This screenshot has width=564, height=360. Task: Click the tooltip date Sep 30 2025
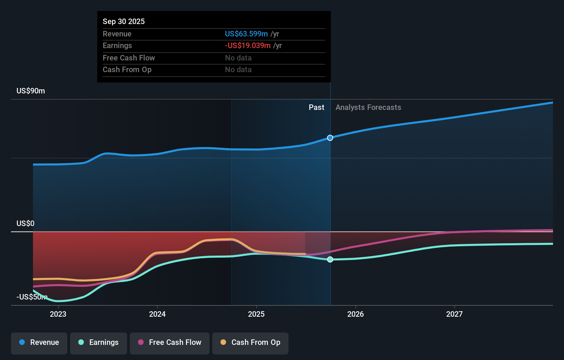[x=124, y=21]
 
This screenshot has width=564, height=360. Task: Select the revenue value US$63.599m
[x=246, y=34]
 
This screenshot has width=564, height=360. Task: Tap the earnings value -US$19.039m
[x=248, y=45]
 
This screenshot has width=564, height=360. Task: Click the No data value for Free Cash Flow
[x=238, y=58]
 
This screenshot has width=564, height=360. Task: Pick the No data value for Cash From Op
[x=238, y=69]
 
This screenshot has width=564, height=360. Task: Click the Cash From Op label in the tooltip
[x=127, y=69]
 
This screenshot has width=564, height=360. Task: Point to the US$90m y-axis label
[x=31, y=91]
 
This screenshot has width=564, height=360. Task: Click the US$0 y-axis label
[x=25, y=223]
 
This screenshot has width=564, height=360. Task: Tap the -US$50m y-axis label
[x=32, y=297]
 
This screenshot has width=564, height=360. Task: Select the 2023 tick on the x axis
[x=58, y=314]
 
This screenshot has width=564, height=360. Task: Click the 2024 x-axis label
[x=157, y=314]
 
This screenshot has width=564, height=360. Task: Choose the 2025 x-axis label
[x=256, y=314]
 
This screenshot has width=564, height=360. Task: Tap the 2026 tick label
[x=356, y=314]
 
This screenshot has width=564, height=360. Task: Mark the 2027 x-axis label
[x=454, y=314]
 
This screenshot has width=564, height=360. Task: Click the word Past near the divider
[x=316, y=107]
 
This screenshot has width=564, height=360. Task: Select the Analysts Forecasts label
[x=368, y=107]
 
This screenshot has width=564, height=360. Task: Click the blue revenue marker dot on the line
[x=330, y=138]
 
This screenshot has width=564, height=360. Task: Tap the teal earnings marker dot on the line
[x=330, y=259]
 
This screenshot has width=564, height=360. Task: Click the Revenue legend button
[x=39, y=342]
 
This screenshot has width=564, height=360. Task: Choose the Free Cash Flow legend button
[x=170, y=342]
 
